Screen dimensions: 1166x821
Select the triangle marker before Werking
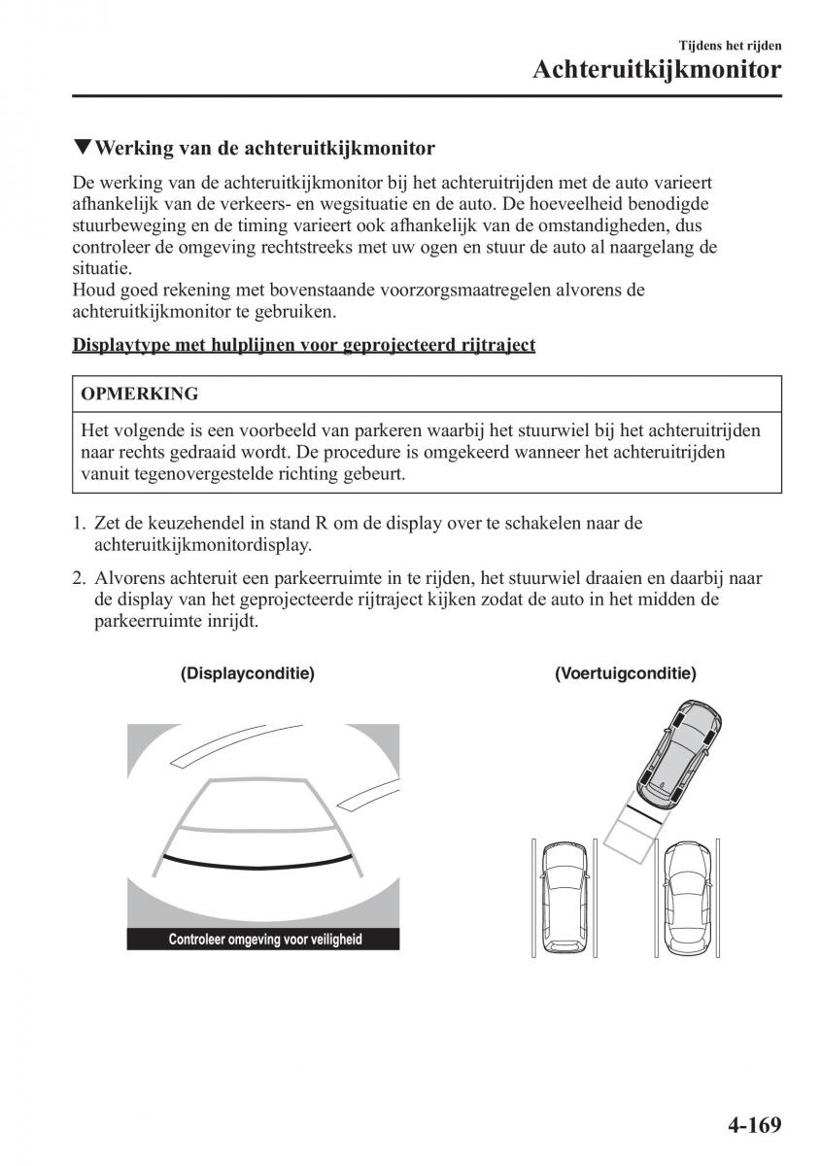tap(82, 148)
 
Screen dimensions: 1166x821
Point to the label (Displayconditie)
tap(248, 672)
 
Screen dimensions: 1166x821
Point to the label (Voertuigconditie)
tap(626, 672)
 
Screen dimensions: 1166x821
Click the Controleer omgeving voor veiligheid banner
tap(264, 940)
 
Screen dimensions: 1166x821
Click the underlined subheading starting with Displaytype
tap(304, 345)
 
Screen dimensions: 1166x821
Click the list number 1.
tap(78, 523)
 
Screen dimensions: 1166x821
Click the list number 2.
tap(78, 578)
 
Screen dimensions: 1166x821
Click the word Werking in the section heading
tap(133, 148)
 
